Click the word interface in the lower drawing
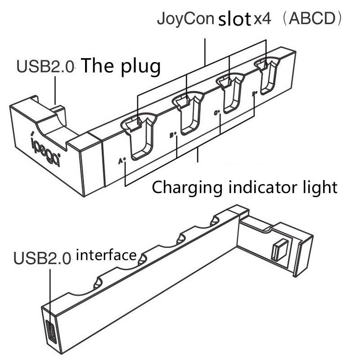[x=107, y=256]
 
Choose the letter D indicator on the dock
[x=254, y=94]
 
